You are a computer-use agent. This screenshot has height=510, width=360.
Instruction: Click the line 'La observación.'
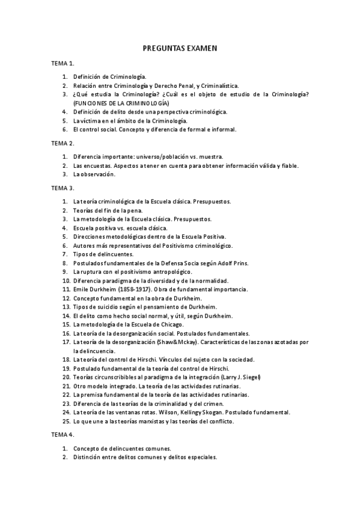click(x=94, y=174)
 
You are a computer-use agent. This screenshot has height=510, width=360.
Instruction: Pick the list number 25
click(x=66, y=421)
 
